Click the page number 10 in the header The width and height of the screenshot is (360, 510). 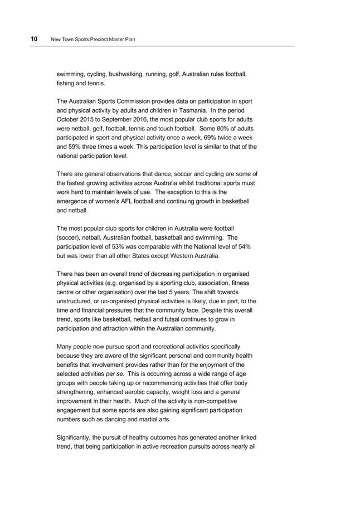34,40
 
